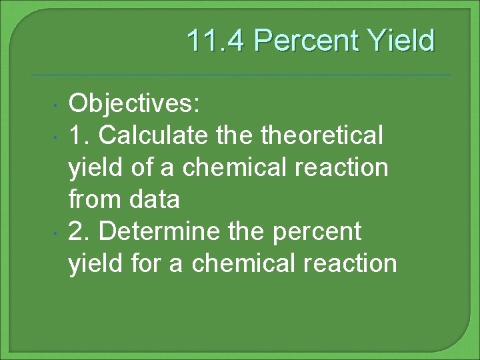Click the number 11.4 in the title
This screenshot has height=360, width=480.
(x=216, y=41)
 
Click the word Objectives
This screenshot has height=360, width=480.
(x=135, y=104)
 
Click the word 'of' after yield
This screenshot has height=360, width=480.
(x=143, y=167)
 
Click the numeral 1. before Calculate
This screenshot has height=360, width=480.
(x=81, y=136)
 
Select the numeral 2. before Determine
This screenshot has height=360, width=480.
(x=81, y=231)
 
